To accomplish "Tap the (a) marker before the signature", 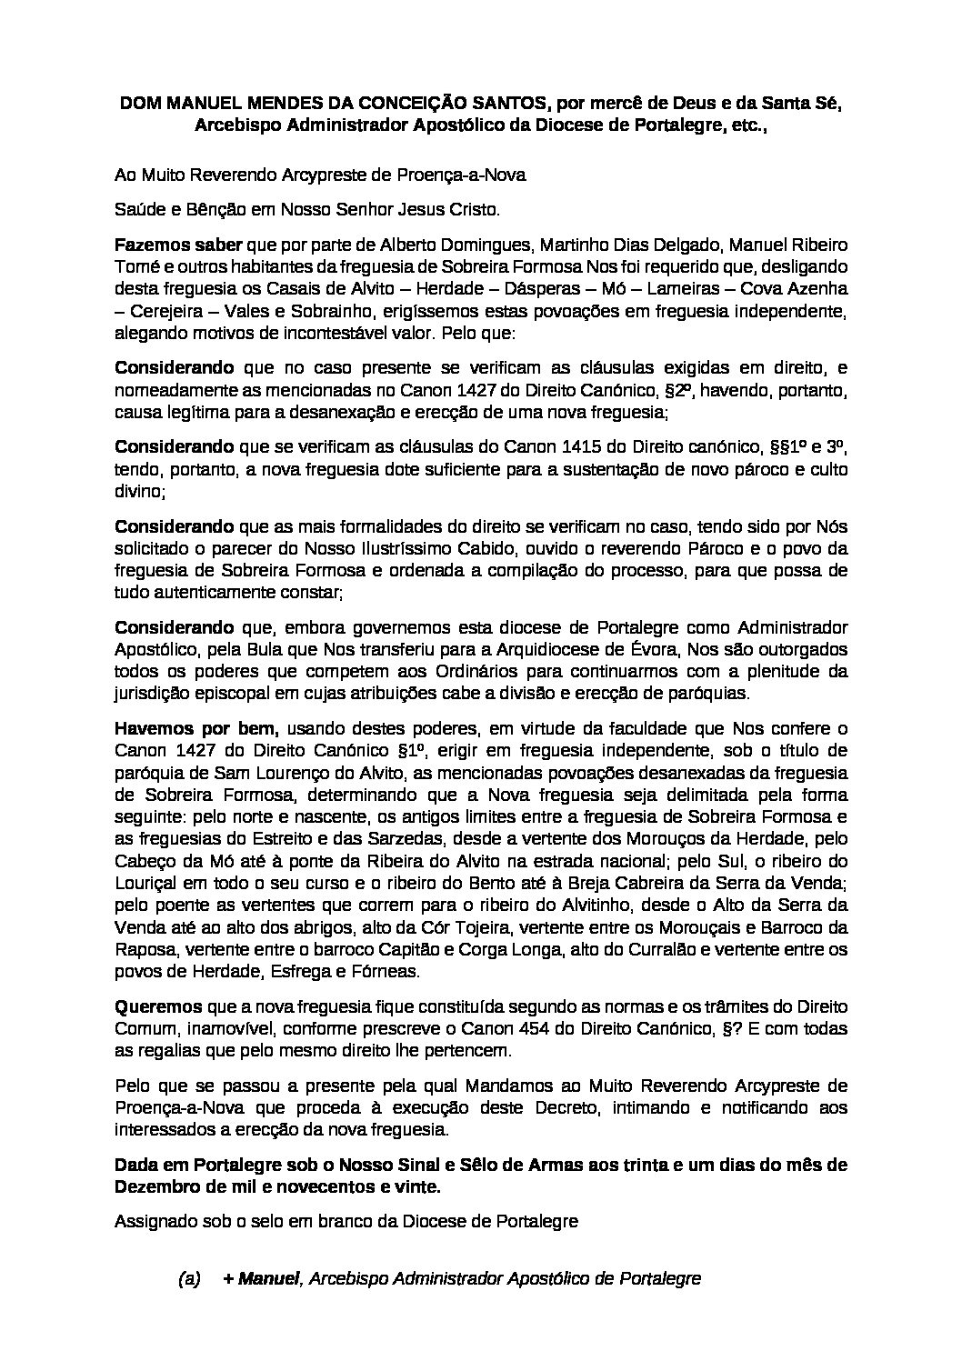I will [x=189, y=1279].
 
